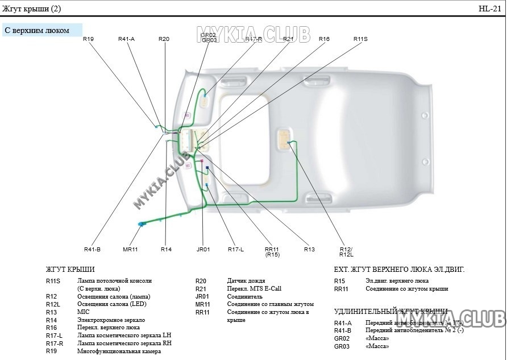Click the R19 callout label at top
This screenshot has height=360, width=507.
88,39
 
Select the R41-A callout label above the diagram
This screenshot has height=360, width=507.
126,39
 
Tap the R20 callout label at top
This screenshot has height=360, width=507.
164,39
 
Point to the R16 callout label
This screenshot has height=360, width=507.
324,39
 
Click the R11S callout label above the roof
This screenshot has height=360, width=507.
360,39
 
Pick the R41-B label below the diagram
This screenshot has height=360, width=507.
92,249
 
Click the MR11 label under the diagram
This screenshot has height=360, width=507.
130,249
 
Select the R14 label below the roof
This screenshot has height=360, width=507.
166,249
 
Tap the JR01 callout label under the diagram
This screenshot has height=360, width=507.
203,249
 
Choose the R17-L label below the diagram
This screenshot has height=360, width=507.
236,249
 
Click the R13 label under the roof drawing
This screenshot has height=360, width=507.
309,249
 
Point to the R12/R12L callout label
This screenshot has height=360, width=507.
346,252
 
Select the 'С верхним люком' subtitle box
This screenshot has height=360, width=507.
42,30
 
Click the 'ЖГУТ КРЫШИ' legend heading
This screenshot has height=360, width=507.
70,270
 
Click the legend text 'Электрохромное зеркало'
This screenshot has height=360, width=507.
111,320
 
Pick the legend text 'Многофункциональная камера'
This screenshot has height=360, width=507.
119,351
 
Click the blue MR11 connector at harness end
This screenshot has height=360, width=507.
141,224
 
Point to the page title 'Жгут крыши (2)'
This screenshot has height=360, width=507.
32,9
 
